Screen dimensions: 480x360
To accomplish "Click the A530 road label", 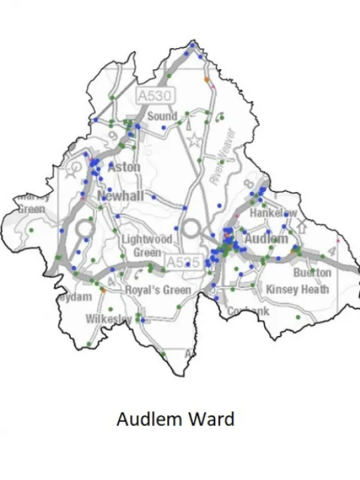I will pyautogui.click(x=155, y=96).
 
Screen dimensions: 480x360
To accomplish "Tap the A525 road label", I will pyautogui.click(x=182, y=262).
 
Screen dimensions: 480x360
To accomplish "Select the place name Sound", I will pyautogui.click(x=163, y=116).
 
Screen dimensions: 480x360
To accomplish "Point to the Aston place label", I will pyautogui.click(x=124, y=167).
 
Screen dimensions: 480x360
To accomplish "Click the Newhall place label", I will pyautogui.click(x=121, y=196).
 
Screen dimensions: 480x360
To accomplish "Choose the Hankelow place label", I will pyautogui.click(x=273, y=213).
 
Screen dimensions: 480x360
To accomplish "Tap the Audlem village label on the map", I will pyautogui.click(x=267, y=239).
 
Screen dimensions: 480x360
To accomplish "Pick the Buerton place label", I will pyautogui.click(x=312, y=273).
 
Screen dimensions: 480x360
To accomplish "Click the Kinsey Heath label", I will pyautogui.click(x=297, y=289).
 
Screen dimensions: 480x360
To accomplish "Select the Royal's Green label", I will pyautogui.click(x=158, y=289).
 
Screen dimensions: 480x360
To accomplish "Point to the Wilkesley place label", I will pyautogui.click(x=109, y=319).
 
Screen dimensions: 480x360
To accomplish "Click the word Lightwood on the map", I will pyautogui.click(x=147, y=239).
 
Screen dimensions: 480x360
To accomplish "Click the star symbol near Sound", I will pyautogui.click(x=194, y=141).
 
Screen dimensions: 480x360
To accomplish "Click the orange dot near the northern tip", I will pyautogui.click(x=207, y=79).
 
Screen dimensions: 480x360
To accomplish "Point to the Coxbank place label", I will pyautogui.click(x=248, y=311).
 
